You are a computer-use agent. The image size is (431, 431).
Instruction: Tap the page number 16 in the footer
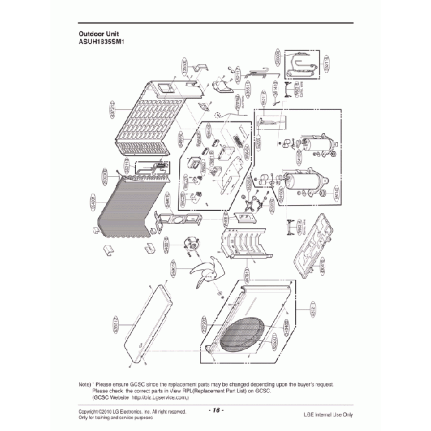[216, 411]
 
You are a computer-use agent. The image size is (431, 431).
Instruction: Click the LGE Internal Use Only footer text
[328, 414]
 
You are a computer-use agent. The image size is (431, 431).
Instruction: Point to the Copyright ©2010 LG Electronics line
[132, 411]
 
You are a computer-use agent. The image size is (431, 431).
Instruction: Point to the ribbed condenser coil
[129, 209]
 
